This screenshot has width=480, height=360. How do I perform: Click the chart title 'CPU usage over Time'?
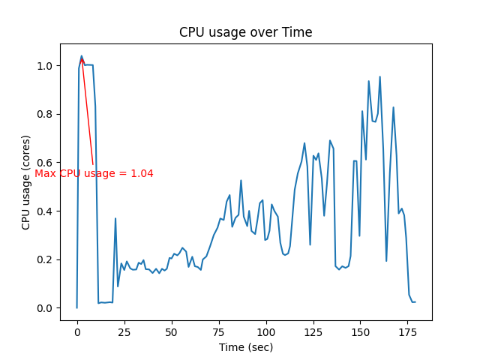[x=245, y=32]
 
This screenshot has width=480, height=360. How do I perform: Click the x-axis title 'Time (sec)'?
[x=245, y=347]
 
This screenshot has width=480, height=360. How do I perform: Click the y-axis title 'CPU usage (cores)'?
[x=26, y=182]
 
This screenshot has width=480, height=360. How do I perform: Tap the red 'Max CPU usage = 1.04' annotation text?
[x=94, y=173]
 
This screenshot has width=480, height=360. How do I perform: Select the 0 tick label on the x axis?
[x=77, y=331]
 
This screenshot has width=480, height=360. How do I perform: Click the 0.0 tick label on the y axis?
[x=46, y=308]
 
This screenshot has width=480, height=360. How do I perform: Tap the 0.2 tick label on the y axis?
[x=46, y=259]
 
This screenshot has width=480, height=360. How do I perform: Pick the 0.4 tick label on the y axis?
[x=46, y=211]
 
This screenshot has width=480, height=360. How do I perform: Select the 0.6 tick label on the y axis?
[x=46, y=163]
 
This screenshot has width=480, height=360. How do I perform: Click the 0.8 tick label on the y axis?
[x=46, y=115]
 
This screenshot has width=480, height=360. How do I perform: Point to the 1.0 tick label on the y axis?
[x=46, y=66]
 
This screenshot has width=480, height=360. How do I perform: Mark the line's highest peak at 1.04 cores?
[x=82, y=55]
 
